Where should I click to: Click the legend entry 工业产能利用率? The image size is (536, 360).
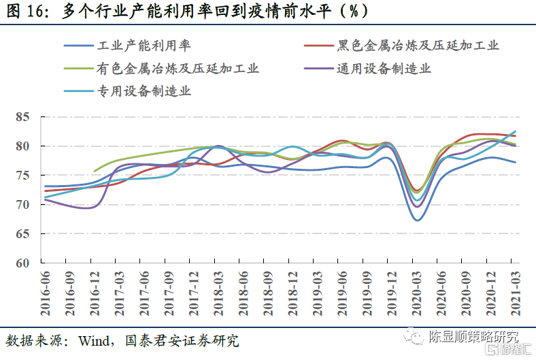(144, 46)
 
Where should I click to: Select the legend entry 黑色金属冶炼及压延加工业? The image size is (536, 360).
(418, 46)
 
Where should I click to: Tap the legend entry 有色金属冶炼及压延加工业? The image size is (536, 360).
(178, 69)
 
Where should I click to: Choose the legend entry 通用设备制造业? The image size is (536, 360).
(384, 69)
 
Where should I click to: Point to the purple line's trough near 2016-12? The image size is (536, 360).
(90, 208)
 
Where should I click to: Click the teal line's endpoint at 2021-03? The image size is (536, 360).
(515, 131)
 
